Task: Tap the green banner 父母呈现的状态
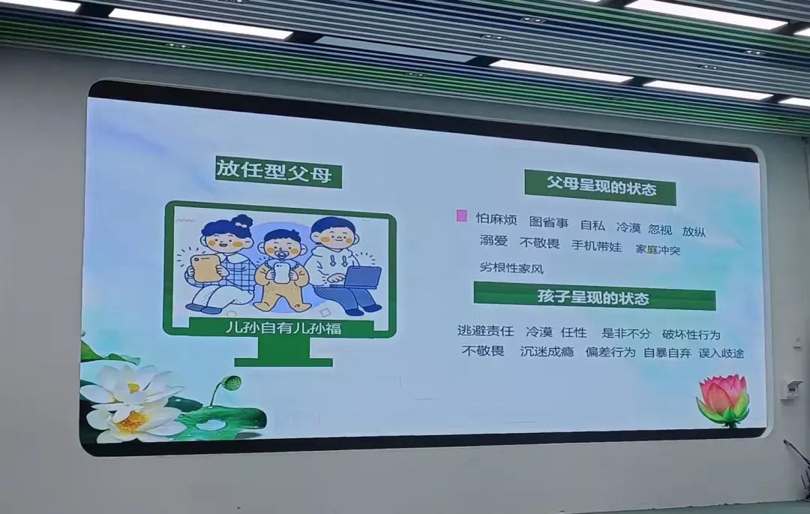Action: click(600, 187)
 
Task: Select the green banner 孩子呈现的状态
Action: click(595, 296)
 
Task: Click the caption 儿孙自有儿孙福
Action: click(283, 327)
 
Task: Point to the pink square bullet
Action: click(462, 215)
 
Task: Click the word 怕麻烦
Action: click(496, 219)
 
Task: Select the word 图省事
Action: click(549, 222)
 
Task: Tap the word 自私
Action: click(592, 224)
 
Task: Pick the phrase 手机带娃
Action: click(597, 246)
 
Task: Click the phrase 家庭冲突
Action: click(658, 250)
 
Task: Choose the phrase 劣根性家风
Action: click(511, 268)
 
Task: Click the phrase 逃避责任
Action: click(485, 331)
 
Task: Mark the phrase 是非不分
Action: click(626, 333)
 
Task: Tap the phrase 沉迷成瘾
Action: click(547, 351)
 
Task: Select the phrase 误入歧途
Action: click(721, 353)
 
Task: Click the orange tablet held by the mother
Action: click(205, 268)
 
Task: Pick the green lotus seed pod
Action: click(232, 383)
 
